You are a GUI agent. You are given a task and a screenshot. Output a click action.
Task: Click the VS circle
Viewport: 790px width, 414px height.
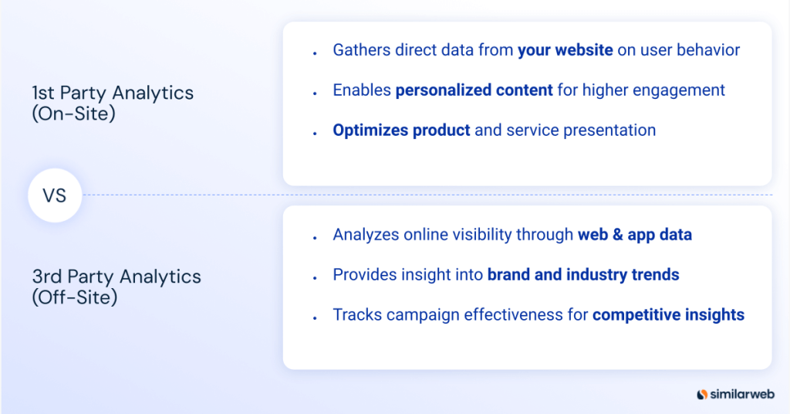pyautogui.click(x=55, y=195)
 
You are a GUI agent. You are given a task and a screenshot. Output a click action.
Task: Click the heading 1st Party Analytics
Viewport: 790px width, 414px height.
pyautogui.click(x=113, y=93)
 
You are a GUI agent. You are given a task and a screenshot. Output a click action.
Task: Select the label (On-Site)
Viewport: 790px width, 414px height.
pyautogui.click(x=74, y=113)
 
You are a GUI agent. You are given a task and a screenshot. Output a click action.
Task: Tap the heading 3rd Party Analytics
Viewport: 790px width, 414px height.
pyautogui.click(x=116, y=277)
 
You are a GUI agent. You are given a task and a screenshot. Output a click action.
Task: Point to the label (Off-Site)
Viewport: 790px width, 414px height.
pyautogui.click(x=75, y=297)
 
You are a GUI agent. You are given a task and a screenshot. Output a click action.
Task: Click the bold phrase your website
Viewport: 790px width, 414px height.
pyautogui.click(x=565, y=50)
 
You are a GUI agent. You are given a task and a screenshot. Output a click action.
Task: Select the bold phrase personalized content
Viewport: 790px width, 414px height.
pyautogui.click(x=474, y=90)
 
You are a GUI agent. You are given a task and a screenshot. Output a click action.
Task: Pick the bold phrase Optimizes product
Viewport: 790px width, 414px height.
pyautogui.click(x=401, y=131)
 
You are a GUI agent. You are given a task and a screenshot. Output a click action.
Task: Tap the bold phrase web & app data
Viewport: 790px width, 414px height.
pyautogui.click(x=634, y=235)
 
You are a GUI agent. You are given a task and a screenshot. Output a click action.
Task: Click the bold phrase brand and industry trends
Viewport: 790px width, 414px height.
pyautogui.click(x=582, y=275)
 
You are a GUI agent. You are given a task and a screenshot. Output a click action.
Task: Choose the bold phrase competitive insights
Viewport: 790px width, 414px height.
pyautogui.click(x=668, y=315)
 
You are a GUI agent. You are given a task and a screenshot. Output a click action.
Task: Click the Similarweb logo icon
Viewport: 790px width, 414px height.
pyautogui.click(x=702, y=394)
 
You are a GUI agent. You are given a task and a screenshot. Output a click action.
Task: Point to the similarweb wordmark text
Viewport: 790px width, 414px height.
pyautogui.click(x=739, y=394)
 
